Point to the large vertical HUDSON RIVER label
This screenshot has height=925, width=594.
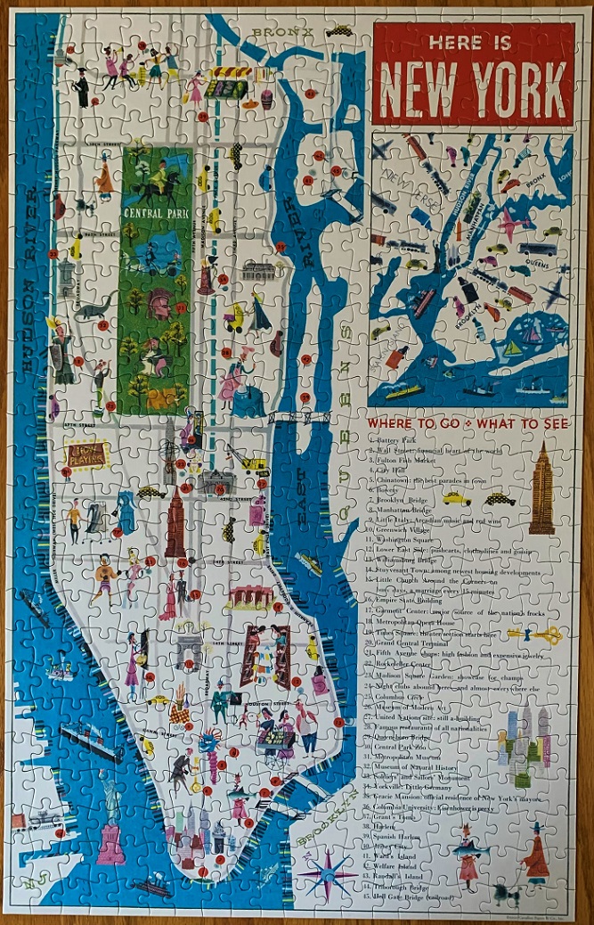[34, 294]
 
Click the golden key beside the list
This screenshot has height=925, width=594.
[536, 634]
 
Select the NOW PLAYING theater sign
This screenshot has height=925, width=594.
[86, 455]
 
